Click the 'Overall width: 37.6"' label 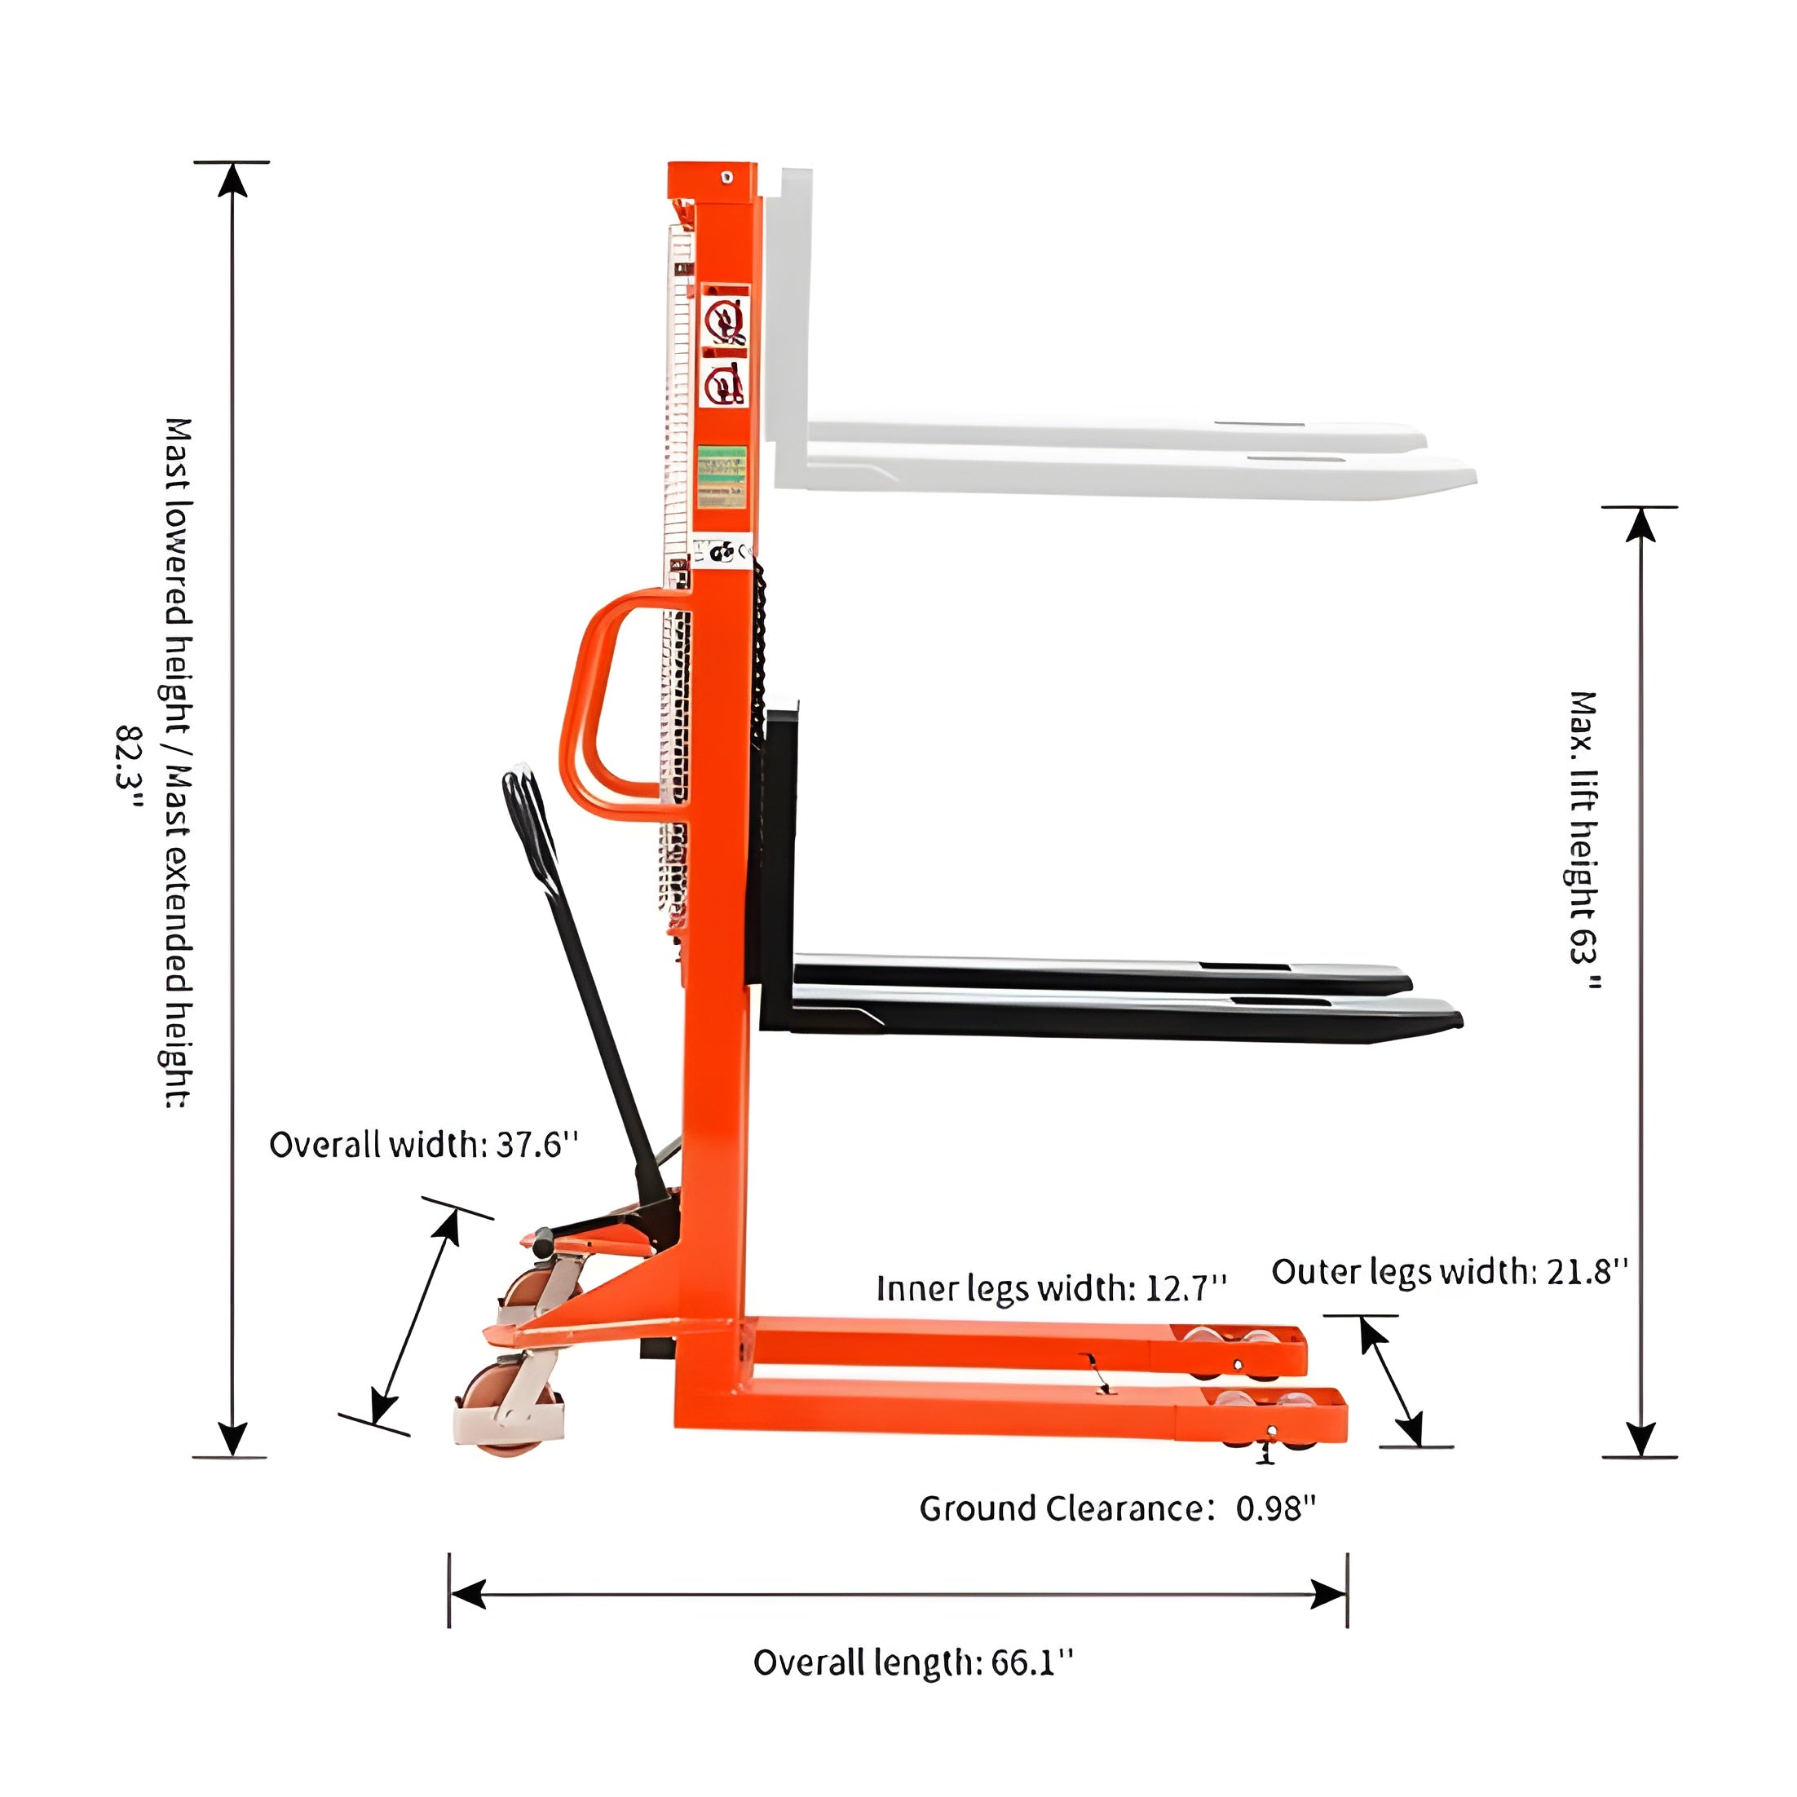(424, 1145)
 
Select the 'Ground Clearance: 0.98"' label (1118, 1508)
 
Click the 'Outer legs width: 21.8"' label (1450, 1270)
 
